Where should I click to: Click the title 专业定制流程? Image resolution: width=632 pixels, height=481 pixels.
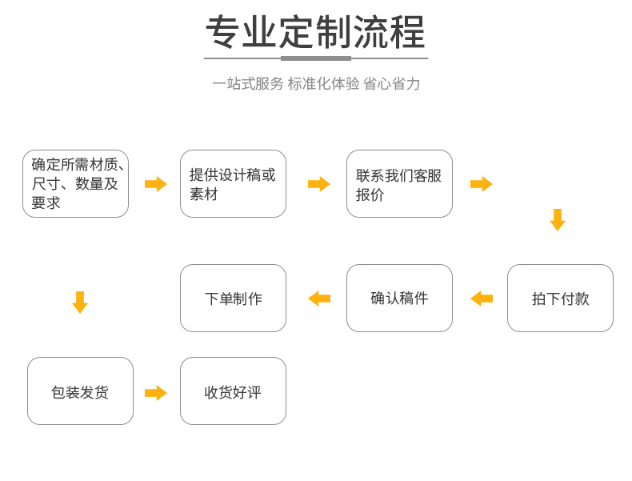pyautogui.click(x=315, y=34)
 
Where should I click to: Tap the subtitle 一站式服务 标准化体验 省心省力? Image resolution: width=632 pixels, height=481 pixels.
pyautogui.click(x=315, y=84)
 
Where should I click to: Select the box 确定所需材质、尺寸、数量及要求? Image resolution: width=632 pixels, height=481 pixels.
pyautogui.click(x=75, y=184)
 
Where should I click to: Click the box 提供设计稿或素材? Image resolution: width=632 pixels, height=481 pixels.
pyautogui.click(x=233, y=184)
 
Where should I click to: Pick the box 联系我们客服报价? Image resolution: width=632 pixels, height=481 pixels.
pyautogui.click(x=399, y=184)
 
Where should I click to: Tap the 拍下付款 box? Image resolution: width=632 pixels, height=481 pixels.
pyautogui.click(x=560, y=299)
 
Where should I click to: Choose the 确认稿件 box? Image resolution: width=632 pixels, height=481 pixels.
pyautogui.click(x=399, y=299)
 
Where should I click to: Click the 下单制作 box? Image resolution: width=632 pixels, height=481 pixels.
pyautogui.click(x=233, y=299)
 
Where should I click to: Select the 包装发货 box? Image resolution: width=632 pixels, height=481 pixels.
pyautogui.click(x=80, y=391)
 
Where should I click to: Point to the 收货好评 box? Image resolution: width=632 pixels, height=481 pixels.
pyautogui.click(x=233, y=391)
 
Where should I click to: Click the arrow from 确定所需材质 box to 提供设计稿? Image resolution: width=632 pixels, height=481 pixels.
pyautogui.click(x=155, y=184)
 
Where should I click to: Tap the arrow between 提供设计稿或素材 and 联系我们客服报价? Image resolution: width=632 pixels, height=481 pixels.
pyautogui.click(x=318, y=184)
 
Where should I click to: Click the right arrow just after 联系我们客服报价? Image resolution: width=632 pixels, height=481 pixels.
pyautogui.click(x=481, y=184)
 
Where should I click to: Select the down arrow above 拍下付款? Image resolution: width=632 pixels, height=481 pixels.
pyautogui.click(x=558, y=220)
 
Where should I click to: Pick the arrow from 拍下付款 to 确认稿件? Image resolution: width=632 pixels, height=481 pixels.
pyautogui.click(x=482, y=299)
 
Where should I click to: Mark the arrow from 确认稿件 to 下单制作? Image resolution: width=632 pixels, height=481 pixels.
pyautogui.click(x=319, y=299)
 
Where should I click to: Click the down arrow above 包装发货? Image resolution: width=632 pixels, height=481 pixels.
pyautogui.click(x=79, y=303)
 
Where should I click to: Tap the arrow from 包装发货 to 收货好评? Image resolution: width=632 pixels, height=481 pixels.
pyautogui.click(x=155, y=393)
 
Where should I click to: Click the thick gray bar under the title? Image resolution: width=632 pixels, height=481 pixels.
pyautogui.click(x=315, y=58)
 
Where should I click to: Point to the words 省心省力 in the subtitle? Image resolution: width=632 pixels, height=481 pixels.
pyautogui.click(x=391, y=84)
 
